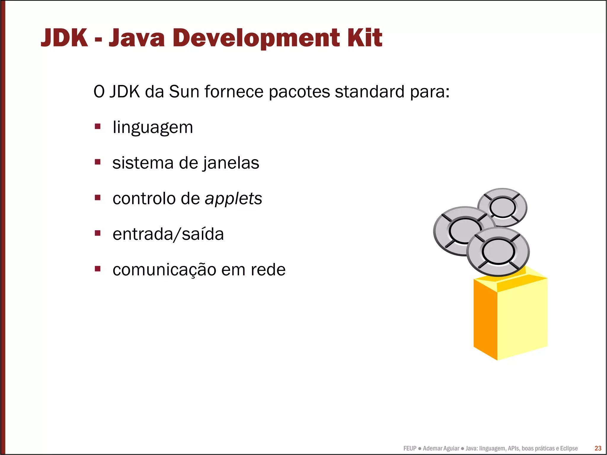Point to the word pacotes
point(299,92)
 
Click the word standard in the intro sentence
point(369,92)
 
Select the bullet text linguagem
point(153,128)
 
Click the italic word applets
point(233,199)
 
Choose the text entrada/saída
point(168,234)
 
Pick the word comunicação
point(164,270)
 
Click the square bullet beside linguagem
point(98,127)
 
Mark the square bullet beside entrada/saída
point(98,233)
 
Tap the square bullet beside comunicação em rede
point(98,269)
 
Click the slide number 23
point(598,448)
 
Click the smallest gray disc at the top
point(502,207)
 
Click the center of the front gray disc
point(498,251)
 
